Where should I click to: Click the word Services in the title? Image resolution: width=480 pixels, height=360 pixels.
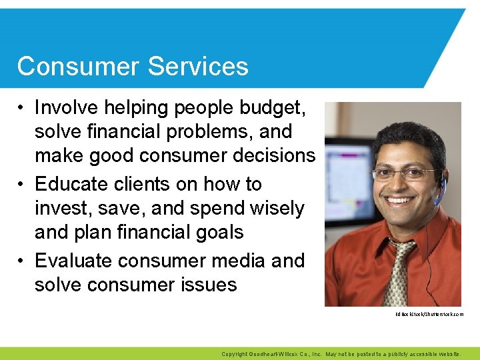click(x=198, y=67)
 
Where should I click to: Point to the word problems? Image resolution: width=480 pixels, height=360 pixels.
click(x=193, y=132)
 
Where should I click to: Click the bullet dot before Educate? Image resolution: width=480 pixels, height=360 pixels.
click(x=22, y=184)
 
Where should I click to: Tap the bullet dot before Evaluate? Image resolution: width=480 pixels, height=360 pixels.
click(x=22, y=261)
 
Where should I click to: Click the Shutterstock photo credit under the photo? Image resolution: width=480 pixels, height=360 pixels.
click(x=429, y=314)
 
